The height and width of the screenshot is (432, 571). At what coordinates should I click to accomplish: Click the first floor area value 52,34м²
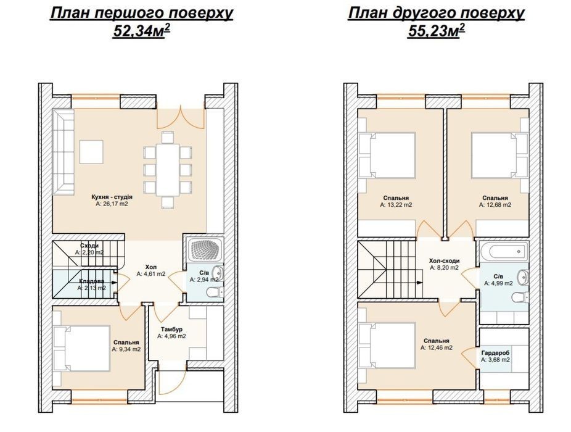[142, 31]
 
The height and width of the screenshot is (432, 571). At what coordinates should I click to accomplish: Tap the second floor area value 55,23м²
[436, 31]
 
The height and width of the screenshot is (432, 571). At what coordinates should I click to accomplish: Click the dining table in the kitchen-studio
[168, 170]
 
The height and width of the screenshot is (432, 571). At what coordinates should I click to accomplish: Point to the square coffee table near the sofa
[91, 152]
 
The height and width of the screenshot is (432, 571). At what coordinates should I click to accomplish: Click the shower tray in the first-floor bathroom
[204, 252]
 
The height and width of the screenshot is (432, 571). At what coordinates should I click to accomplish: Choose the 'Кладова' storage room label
[92, 281]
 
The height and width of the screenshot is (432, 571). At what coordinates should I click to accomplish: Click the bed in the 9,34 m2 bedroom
[82, 348]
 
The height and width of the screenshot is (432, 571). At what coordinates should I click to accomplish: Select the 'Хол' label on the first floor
[150, 267]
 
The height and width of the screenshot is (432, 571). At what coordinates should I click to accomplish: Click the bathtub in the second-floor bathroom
[504, 251]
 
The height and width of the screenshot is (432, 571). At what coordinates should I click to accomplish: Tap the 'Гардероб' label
[495, 353]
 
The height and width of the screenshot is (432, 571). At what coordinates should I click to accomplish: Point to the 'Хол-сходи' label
[444, 260]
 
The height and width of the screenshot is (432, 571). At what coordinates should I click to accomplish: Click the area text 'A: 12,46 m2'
[436, 348]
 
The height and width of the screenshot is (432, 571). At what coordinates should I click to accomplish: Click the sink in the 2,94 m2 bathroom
[218, 271]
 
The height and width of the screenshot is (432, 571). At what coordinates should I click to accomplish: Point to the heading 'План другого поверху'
[436, 13]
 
